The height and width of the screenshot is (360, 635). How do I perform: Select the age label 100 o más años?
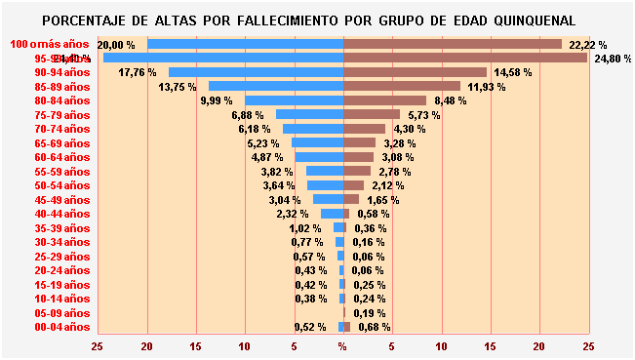pos(50,45)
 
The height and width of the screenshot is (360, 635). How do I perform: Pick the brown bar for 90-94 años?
pos(415,72)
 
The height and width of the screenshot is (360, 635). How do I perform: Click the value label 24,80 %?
pos(612,59)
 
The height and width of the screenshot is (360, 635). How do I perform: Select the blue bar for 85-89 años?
pos(275,86)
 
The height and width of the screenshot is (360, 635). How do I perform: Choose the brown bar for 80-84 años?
pos(384,100)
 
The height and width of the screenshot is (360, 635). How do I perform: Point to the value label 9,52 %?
pos(309,327)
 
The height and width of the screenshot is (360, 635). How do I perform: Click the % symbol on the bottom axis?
pos(342,346)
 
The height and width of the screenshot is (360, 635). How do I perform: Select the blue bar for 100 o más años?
pos(245,45)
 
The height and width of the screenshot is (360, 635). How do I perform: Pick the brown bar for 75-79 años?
pos(372,115)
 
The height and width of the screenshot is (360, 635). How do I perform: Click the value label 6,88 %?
pos(248,115)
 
